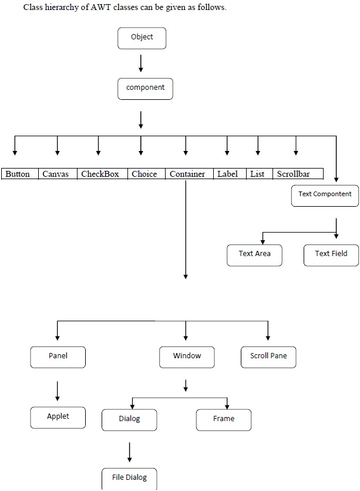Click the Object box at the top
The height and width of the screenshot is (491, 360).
(142, 38)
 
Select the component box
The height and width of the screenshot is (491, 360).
(145, 88)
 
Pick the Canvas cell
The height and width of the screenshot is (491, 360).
(57, 174)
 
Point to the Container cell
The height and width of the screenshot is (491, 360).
(188, 174)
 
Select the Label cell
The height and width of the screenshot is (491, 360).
(228, 174)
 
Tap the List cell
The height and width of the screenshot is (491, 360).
(258, 174)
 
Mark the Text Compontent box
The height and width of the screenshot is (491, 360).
(325, 195)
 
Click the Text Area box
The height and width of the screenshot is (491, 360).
(254, 254)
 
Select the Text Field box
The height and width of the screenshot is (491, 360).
(331, 254)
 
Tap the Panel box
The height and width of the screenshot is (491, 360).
(58, 357)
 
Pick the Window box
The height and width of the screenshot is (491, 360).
(187, 357)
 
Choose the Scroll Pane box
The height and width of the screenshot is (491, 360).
(268, 357)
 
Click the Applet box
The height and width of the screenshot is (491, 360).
(58, 417)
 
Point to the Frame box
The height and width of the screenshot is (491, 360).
(223, 419)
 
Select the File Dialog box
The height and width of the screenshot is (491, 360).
(129, 477)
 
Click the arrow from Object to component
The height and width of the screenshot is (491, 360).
(141, 63)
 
